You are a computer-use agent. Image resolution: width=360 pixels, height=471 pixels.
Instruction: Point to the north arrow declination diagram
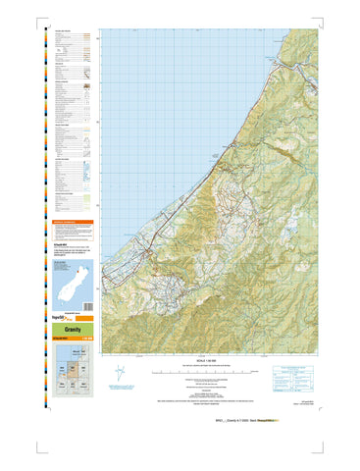121,374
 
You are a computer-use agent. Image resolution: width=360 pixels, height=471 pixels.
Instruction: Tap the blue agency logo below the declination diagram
120,396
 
